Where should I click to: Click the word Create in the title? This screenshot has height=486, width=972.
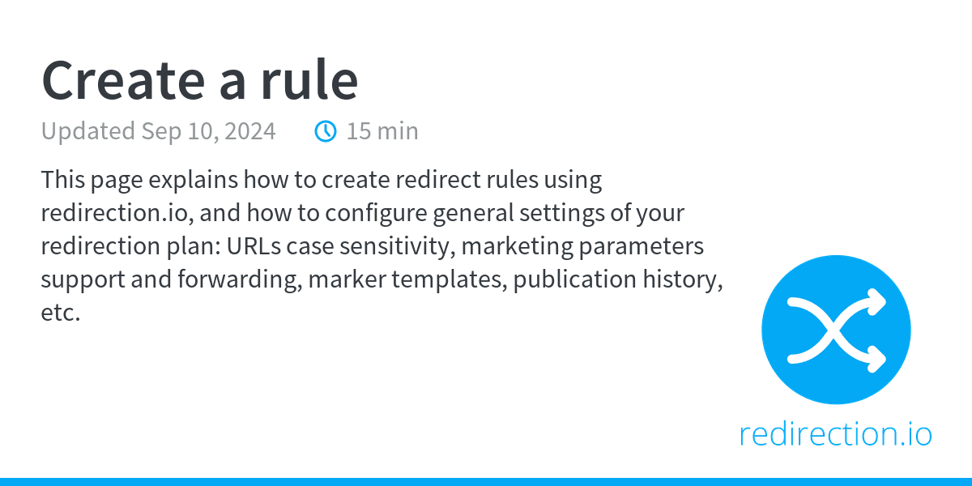(x=123, y=81)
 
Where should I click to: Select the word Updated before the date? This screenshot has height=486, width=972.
(x=88, y=132)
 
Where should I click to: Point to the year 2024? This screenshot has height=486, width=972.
(x=250, y=131)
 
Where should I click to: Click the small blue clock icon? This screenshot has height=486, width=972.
(x=326, y=131)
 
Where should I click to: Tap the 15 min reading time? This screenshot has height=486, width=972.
(x=382, y=131)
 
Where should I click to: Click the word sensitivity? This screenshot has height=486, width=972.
(x=398, y=247)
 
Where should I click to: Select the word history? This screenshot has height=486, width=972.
(x=683, y=279)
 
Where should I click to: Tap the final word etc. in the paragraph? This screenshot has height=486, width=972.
(x=61, y=313)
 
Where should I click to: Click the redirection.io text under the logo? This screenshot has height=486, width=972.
(x=836, y=434)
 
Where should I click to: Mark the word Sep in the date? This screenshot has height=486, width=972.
(x=161, y=132)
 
